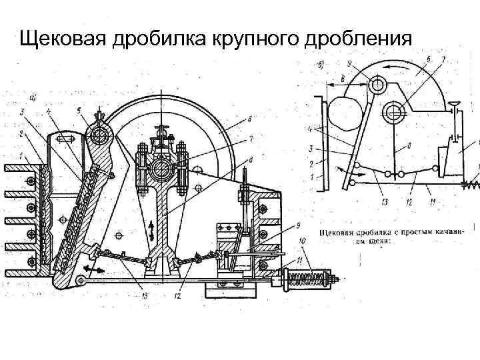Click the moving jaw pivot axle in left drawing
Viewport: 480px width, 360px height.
point(102,136)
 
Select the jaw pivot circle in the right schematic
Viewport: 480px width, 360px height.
point(377,85)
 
